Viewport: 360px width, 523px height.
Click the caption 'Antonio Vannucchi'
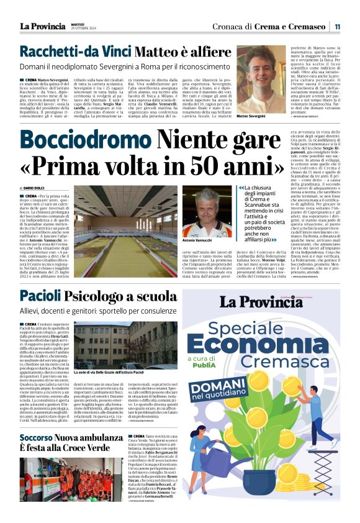[199, 240]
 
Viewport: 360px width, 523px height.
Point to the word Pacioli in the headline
[40, 296]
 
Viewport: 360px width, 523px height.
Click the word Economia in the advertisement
[268, 345]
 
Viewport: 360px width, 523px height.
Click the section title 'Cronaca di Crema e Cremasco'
[269, 27]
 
